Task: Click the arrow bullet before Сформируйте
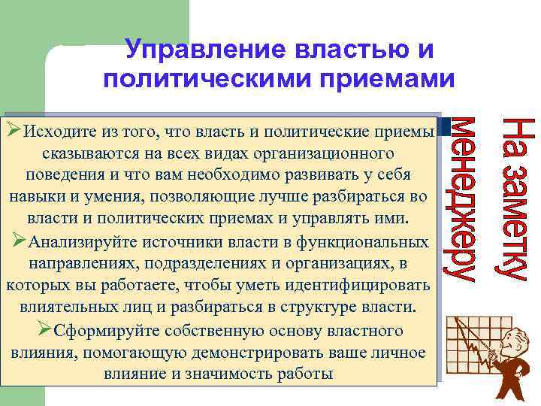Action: (x=44, y=329)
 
